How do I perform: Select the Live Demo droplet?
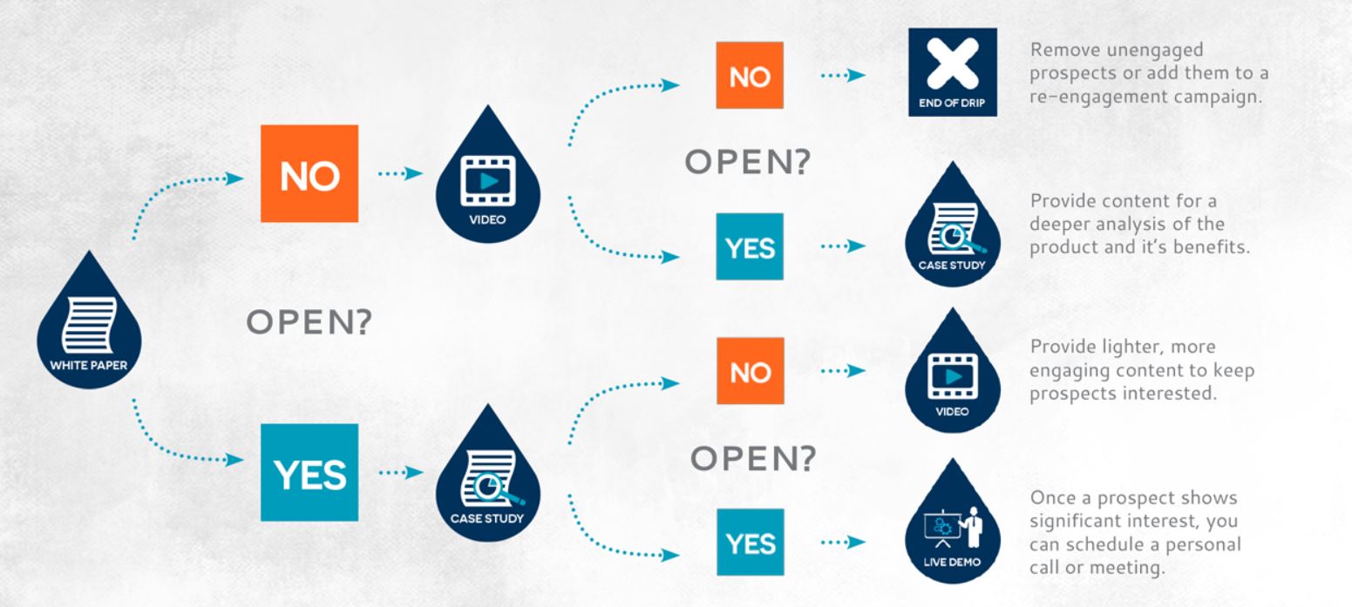pyautogui.click(x=952, y=536)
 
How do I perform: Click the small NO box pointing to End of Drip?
pyautogui.click(x=750, y=77)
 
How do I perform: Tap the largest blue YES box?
pyautogui.click(x=309, y=474)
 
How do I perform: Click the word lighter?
pyautogui.click(x=1137, y=347)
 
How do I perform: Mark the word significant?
pyautogui.click(x=1084, y=522)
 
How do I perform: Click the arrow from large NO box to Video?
pyautogui.click(x=399, y=173)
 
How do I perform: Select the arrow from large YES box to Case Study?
pyautogui.click(x=399, y=474)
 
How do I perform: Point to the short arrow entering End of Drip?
pyautogui.click(x=842, y=76)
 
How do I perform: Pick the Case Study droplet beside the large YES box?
pyautogui.click(x=487, y=477)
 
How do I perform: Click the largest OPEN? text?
pyautogui.click(x=309, y=324)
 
